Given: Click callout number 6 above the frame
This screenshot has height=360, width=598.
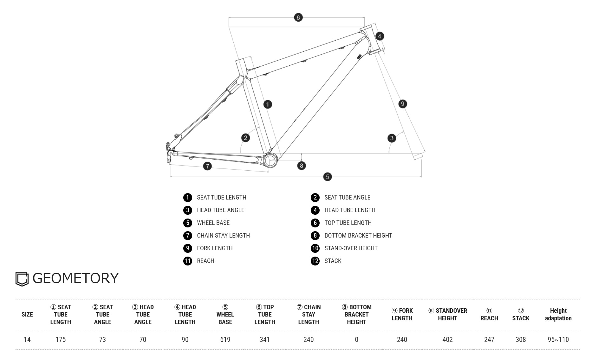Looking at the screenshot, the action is click(298, 17).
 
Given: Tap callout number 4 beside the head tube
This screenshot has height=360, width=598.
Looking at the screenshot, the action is click(380, 36).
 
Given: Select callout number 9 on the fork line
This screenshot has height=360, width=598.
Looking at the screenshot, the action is click(403, 104).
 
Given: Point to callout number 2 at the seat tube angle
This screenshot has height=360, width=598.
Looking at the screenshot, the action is click(245, 138).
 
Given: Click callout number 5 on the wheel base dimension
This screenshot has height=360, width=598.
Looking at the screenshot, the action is click(328, 177).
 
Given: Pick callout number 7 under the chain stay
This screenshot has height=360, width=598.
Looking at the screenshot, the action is click(207, 166).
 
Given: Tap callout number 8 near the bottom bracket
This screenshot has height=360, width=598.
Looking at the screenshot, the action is click(302, 165).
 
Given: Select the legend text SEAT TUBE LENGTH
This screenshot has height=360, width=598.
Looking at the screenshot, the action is click(222, 197).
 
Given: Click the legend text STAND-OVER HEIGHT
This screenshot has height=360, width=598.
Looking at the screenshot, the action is click(351, 248).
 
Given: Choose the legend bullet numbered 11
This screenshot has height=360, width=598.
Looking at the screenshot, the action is click(188, 261).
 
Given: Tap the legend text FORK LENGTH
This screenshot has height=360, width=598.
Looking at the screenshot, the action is click(215, 248).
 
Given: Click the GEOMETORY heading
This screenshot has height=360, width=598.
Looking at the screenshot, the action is click(75, 278).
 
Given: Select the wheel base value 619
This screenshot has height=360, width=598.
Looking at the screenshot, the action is click(225, 339).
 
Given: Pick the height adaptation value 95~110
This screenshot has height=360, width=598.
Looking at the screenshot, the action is click(558, 339).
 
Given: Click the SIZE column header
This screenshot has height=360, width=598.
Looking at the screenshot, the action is click(27, 314).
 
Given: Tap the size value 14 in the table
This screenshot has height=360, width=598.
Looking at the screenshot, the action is click(27, 339).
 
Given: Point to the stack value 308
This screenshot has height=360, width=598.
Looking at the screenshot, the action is click(521, 339).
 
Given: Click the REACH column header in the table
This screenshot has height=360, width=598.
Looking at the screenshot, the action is click(489, 314).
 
